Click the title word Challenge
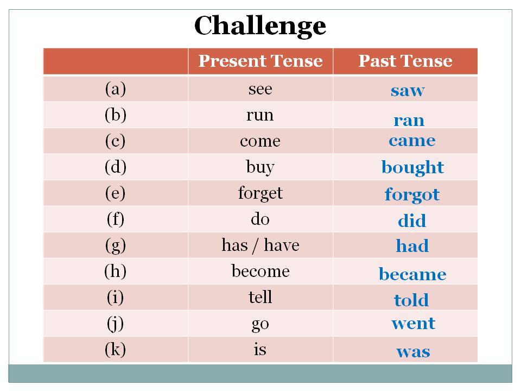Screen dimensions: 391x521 point(260,26)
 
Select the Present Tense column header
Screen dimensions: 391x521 point(260,61)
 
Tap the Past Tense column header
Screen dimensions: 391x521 point(405,61)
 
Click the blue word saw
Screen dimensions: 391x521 point(407,91)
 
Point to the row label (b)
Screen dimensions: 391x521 point(115,115)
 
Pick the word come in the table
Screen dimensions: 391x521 point(260,141)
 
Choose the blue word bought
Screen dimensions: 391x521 point(412,167)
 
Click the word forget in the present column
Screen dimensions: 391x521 point(260,193)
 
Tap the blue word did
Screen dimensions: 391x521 point(412,221)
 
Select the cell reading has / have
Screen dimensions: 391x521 point(260,245)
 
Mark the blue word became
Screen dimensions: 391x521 point(412,274)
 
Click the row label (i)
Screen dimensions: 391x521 point(115,298)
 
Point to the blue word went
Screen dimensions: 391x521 point(413,324)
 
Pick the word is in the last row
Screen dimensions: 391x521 point(260,349)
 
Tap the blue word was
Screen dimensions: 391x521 point(413,351)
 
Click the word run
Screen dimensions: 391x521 point(260,115)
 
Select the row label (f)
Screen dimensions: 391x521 point(115,219)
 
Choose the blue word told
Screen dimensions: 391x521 point(411,300)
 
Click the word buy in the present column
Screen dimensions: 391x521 point(260,167)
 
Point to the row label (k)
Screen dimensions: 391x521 point(115,350)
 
